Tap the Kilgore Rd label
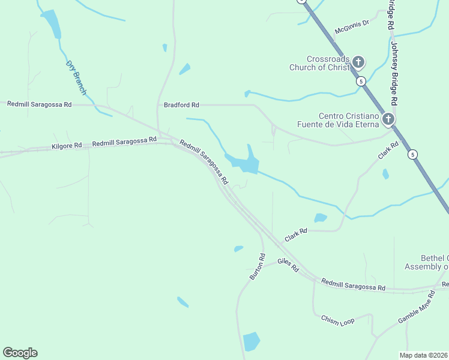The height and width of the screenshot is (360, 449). point(67,146)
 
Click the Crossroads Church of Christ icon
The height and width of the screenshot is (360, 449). point(358,62)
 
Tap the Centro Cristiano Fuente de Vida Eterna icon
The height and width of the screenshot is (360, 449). point(388,119)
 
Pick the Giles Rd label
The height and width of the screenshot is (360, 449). point(288,265)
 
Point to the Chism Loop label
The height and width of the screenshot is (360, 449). point(337,320)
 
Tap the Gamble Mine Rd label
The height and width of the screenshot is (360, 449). point(417,308)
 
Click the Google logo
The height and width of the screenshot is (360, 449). point(20,353)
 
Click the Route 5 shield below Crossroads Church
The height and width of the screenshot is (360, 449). point(360,81)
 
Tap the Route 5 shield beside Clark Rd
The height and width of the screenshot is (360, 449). point(412,154)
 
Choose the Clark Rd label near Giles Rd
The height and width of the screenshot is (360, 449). point(296,234)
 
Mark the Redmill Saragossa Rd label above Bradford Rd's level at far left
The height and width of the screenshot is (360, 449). point(39,104)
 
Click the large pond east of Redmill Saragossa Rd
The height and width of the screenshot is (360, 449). point(244,163)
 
